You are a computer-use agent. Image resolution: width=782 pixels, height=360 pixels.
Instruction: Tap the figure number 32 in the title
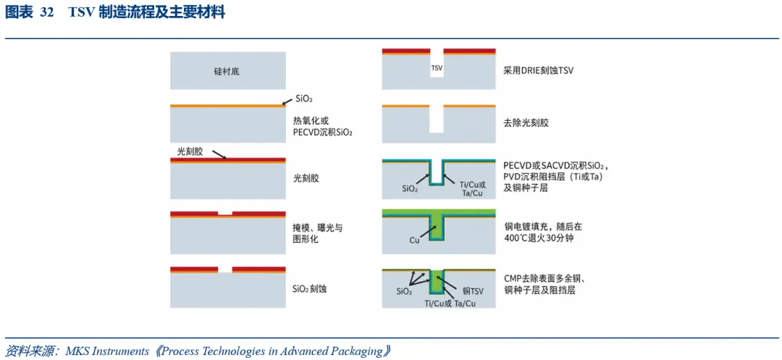(47, 14)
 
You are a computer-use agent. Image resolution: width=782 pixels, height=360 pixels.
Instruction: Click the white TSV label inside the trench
(437, 67)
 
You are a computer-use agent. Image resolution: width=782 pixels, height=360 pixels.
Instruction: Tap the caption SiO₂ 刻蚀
(309, 288)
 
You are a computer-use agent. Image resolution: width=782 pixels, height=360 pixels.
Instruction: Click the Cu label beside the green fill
(414, 240)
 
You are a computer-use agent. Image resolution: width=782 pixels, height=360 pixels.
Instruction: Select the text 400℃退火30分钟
(536, 238)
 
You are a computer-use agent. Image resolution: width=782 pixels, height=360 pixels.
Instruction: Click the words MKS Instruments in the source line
(107, 351)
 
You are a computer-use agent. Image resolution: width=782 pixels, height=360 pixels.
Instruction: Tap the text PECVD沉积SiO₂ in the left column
(322, 132)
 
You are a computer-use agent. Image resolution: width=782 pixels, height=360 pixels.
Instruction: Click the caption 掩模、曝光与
(318, 228)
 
